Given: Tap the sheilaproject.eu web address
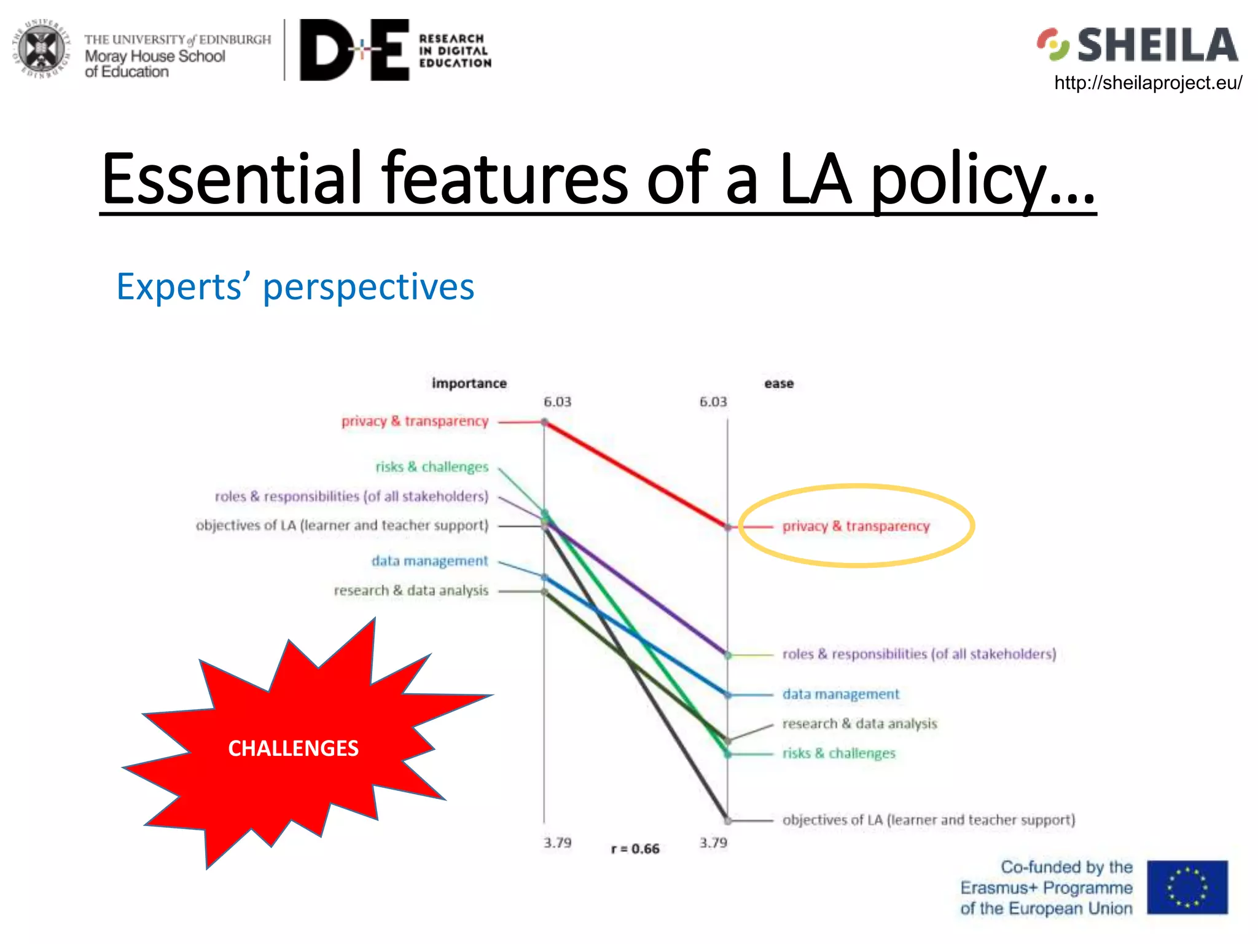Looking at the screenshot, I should pyautogui.click(x=1147, y=83).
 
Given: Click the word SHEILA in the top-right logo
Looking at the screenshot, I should pyautogui.click(x=1157, y=45).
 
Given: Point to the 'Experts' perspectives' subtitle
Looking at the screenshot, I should pyautogui.click(x=295, y=287).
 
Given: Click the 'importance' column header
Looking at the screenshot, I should pyautogui.click(x=469, y=383).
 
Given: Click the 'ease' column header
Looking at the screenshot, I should pyautogui.click(x=778, y=383).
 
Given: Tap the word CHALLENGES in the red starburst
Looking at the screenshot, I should pyautogui.click(x=293, y=749).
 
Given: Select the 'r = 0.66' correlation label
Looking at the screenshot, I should pyautogui.click(x=635, y=849).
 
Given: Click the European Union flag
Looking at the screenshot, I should pyautogui.click(x=1187, y=887).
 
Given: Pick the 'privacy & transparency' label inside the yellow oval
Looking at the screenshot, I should pyautogui.click(x=856, y=526).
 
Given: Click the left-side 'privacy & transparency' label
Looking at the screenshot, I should pyautogui.click(x=415, y=422).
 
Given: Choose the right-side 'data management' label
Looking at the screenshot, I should pyautogui.click(x=840, y=694).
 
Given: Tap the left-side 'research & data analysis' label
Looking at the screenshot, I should pyautogui.click(x=411, y=591).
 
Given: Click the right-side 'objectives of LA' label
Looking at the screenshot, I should pyautogui.click(x=928, y=820).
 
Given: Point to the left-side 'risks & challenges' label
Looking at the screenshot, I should pyautogui.click(x=432, y=467).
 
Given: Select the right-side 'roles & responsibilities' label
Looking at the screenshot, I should pyautogui.click(x=919, y=654).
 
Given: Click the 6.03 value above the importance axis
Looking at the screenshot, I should pyautogui.click(x=557, y=402).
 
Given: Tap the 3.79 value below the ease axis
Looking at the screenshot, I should pyautogui.click(x=713, y=843).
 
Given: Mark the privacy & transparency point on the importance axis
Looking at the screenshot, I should pyautogui.click(x=544, y=422).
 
